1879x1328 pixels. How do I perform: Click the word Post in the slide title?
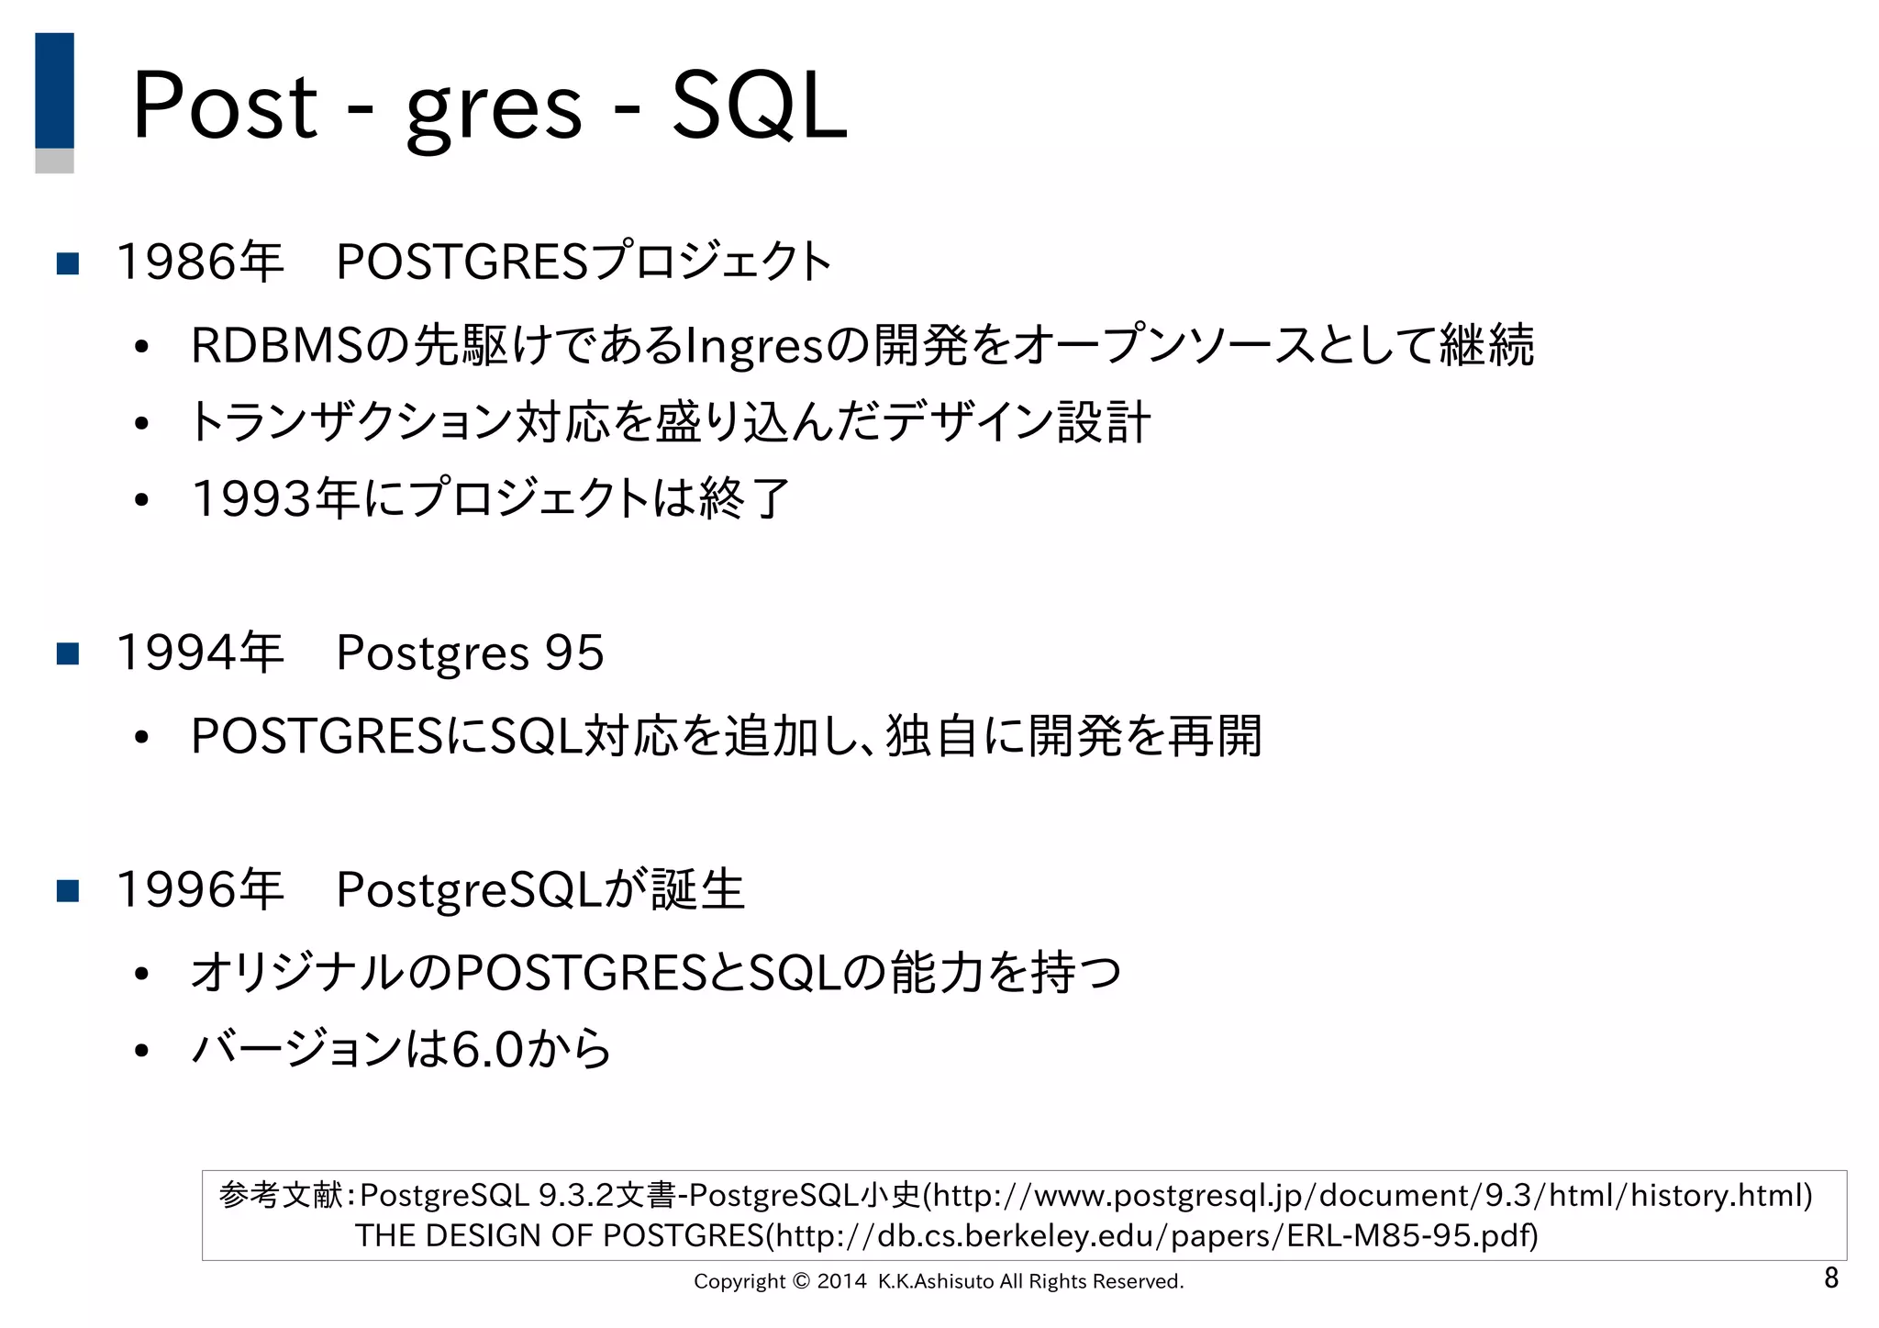[225, 106]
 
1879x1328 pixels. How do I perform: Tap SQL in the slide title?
[759, 106]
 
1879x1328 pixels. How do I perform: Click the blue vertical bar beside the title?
[54, 91]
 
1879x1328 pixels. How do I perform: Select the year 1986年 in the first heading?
[200, 262]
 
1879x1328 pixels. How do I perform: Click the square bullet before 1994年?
[68, 653]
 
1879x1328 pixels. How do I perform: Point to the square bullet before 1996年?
[68, 890]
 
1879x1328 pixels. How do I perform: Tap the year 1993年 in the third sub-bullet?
[274, 499]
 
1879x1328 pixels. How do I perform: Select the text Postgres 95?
[470, 653]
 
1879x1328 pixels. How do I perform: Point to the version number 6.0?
[487, 1049]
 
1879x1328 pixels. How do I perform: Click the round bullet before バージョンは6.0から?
[140, 1051]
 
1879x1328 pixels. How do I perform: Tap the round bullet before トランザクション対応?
[140, 424]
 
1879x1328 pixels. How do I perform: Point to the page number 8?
[1830, 1278]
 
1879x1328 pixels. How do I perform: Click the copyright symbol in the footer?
[801, 1281]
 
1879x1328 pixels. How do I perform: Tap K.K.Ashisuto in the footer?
[935, 1281]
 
